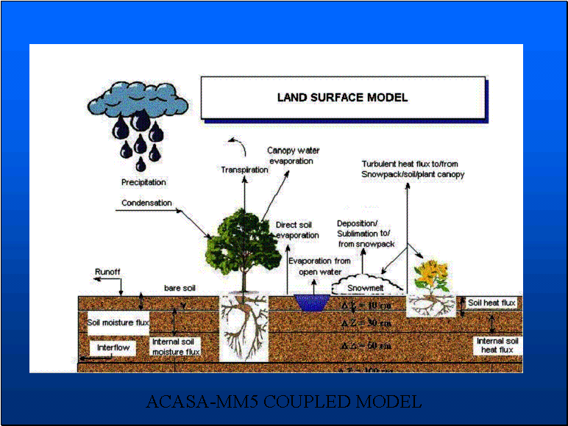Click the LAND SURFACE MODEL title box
pyautogui.click(x=342, y=97)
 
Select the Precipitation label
pyautogui.click(x=143, y=181)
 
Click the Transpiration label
pyautogui.click(x=244, y=170)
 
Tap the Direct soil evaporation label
pyautogui.click(x=297, y=230)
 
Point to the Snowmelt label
pyautogui.click(x=365, y=289)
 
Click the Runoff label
pyautogui.click(x=107, y=272)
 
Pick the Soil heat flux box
pyautogui.click(x=491, y=303)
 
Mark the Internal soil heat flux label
pyautogui.click(x=497, y=345)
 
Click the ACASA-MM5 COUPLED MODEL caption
pyautogui.click(x=284, y=402)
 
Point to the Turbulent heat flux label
pyautogui.click(x=412, y=168)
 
